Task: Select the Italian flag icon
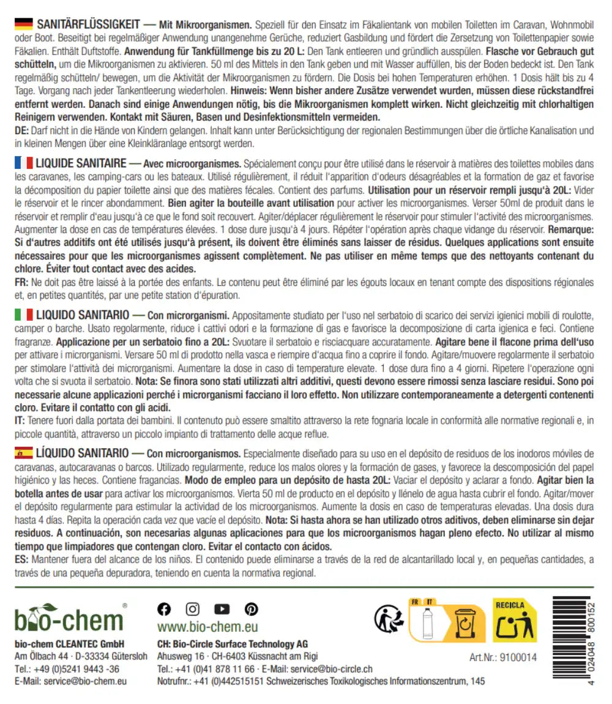[23, 315]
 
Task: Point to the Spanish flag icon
[23, 454]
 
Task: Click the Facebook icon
[164, 609]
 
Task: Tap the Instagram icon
[193, 609]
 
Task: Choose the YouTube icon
[222, 609]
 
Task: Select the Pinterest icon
[251, 609]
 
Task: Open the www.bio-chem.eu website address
[207, 627]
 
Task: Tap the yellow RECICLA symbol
[515, 621]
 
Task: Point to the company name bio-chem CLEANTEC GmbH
[69, 644]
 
